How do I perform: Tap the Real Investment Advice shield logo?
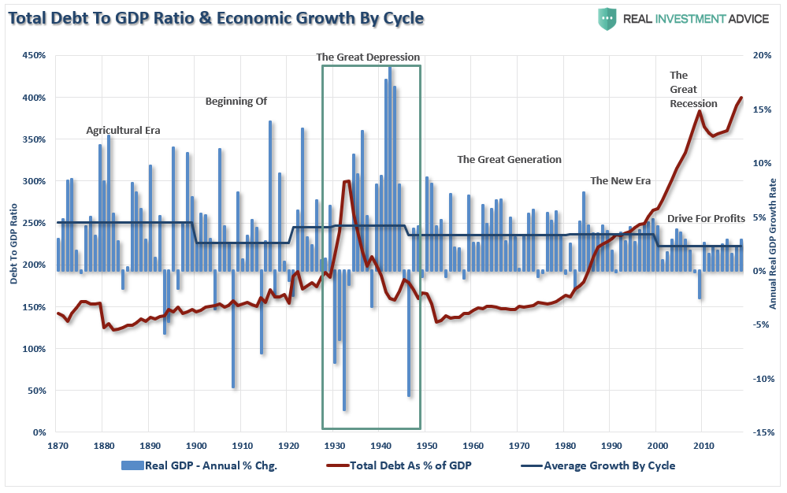tap(607, 18)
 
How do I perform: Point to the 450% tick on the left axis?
tap(35, 56)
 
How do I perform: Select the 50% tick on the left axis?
tap(37, 391)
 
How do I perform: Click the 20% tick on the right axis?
tap(762, 56)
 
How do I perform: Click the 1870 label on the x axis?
tap(56, 446)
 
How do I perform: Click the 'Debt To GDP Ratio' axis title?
tap(14, 244)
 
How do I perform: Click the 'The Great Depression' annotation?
tap(368, 57)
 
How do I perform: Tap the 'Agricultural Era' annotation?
tap(123, 131)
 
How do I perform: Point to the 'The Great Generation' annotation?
tap(509, 159)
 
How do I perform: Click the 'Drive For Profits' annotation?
tap(706, 218)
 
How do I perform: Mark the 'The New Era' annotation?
tap(620, 180)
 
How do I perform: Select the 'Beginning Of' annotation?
tap(236, 101)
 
